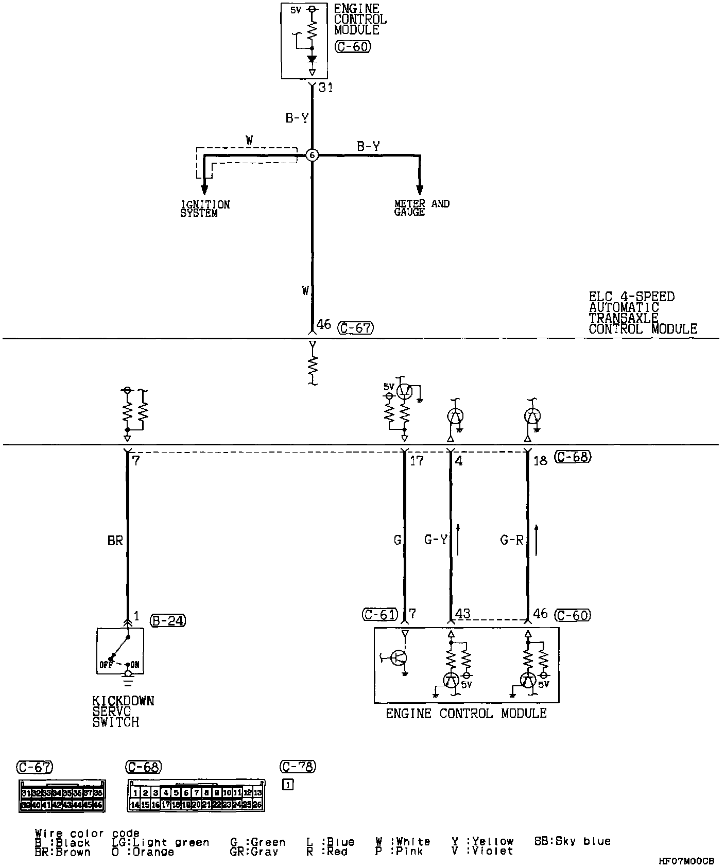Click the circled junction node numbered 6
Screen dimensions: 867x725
(312, 154)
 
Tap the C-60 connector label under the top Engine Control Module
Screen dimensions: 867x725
(353, 47)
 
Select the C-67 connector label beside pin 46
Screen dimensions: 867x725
(355, 327)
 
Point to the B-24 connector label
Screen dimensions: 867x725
(167, 620)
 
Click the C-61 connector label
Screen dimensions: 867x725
(380, 614)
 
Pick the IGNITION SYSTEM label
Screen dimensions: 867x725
(204, 209)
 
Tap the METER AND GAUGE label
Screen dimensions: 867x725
(421, 207)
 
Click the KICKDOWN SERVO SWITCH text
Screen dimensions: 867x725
(123, 712)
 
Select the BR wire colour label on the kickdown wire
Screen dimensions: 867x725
(115, 541)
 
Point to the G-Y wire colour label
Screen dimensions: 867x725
(435, 540)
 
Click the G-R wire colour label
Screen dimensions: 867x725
(511, 540)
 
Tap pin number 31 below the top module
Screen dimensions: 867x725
(325, 88)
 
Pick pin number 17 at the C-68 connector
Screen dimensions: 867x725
(416, 461)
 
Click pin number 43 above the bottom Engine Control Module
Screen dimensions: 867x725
(462, 614)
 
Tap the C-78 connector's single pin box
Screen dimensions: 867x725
(288, 785)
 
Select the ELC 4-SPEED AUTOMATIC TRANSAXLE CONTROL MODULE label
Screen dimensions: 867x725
(643, 313)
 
